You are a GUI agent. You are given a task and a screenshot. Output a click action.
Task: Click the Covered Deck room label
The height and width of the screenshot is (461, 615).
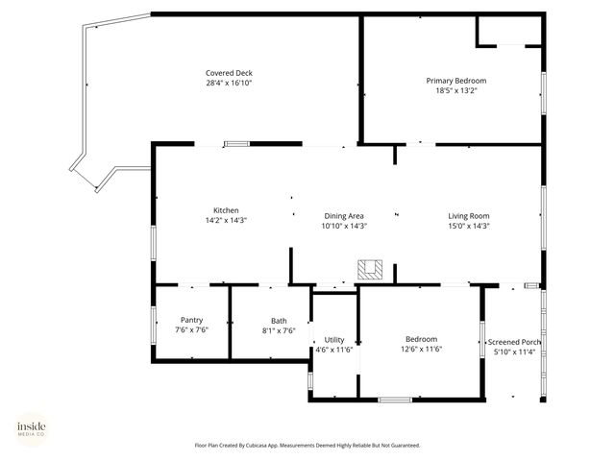(229, 73)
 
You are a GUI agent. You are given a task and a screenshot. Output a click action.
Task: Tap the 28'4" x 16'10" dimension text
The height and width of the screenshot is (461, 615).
(229, 84)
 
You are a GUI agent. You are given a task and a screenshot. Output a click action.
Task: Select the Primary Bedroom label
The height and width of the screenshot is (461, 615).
(456, 81)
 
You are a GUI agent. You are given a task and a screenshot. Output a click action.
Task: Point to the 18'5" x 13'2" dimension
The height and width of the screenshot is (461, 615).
(456, 91)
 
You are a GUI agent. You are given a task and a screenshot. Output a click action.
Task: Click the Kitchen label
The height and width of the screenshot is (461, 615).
(226, 210)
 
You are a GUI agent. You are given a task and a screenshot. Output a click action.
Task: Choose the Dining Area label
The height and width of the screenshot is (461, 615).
(343, 216)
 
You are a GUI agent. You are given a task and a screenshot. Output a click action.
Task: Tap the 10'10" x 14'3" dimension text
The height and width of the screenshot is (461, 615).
(343, 227)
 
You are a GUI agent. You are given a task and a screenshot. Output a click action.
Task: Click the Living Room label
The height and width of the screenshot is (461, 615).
(469, 216)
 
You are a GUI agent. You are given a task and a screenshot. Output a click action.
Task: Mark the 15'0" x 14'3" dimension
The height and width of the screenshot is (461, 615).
(469, 227)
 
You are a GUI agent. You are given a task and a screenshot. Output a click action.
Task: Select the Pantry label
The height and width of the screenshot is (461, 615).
(191, 320)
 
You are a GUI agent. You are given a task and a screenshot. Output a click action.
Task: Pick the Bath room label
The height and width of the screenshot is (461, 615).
(279, 321)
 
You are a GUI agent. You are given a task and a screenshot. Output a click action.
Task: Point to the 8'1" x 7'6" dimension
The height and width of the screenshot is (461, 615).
(279, 330)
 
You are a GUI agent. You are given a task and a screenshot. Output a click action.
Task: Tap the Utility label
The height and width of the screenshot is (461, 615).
(334, 339)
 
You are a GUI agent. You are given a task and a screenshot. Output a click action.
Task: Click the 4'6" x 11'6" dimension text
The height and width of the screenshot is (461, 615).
(334, 350)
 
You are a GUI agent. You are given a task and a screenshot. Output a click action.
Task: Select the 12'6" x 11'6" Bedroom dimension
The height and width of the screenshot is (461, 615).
(421, 350)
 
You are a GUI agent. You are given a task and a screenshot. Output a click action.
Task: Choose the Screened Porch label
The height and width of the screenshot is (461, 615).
(514, 342)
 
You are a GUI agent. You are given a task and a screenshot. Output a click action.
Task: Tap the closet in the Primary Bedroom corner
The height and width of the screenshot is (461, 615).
(509, 31)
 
